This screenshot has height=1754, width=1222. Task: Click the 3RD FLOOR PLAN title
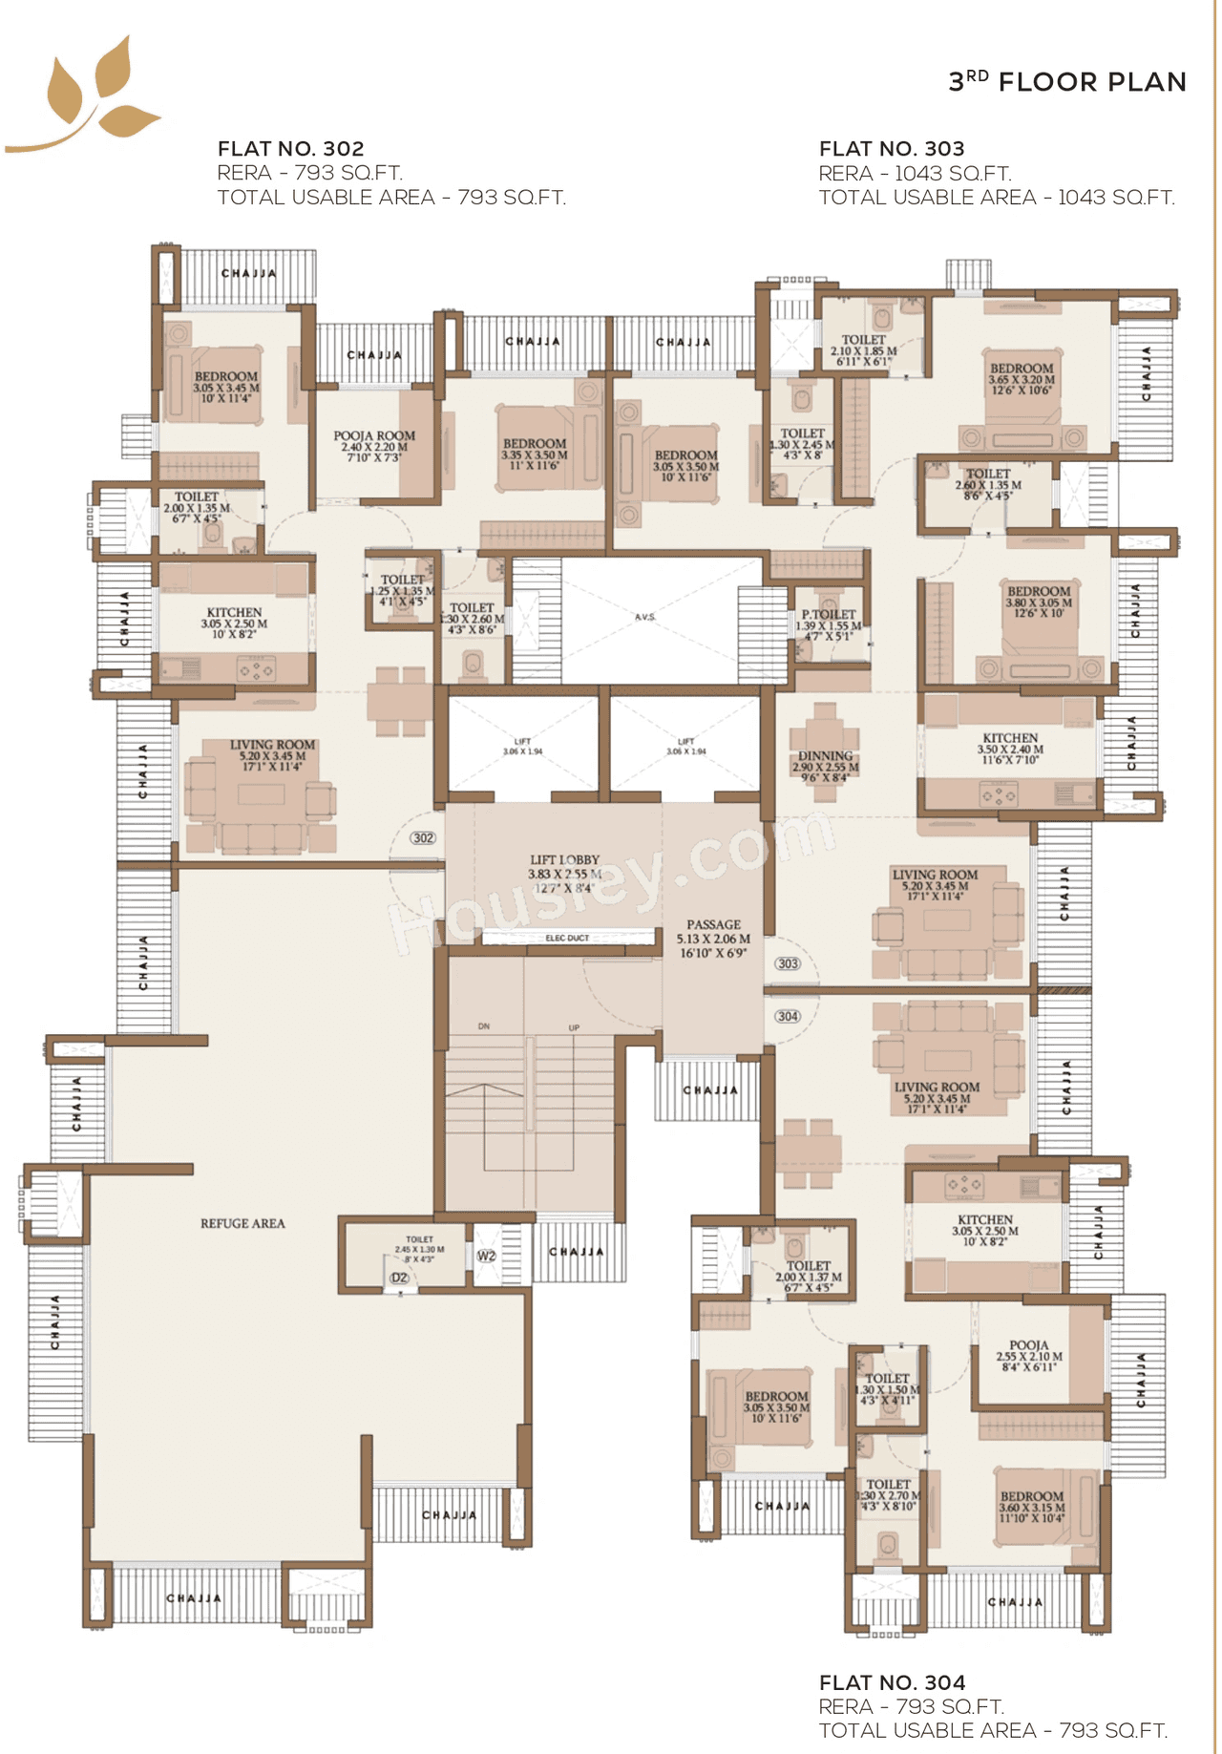1066,82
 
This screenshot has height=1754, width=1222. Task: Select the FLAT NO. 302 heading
290,149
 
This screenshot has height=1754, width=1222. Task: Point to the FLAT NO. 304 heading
892,1682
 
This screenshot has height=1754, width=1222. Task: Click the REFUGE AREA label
242,1223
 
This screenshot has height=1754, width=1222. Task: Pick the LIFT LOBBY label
564,860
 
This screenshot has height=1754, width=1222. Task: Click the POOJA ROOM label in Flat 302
374,436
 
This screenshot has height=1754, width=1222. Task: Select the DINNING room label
825,756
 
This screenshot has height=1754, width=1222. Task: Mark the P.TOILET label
829,615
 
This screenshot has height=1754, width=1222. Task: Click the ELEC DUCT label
567,939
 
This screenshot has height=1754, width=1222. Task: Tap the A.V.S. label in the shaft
645,617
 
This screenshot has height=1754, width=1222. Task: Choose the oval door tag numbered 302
423,838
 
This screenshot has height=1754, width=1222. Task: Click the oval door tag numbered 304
788,1016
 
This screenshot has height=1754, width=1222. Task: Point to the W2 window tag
487,1256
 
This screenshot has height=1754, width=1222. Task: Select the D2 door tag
399,1278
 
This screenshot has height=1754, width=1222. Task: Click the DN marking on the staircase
484,1026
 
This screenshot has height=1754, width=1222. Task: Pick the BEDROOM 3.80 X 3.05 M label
1039,592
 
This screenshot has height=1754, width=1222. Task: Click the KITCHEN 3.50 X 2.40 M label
1010,739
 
